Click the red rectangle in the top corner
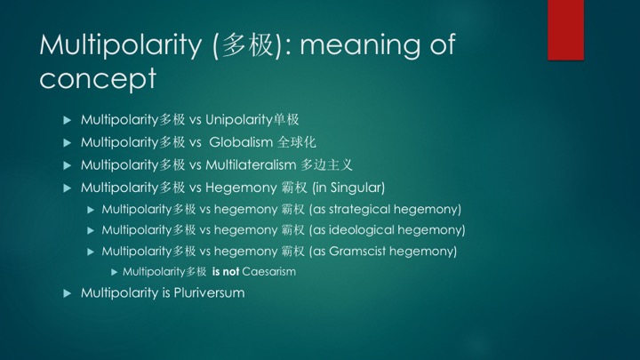pyautogui.click(x=565, y=30)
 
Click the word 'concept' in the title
pyautogui.click(x=98, y=78)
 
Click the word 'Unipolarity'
pyautogui.click(x=239, y=120)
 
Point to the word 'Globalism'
pyautogui.click(x=241, y=142)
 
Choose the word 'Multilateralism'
pyautogui.click(x=251, y=165)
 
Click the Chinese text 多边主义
pyautogui.click(x=326, y=165)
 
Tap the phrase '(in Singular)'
pyautogui.click(x=348, y=188)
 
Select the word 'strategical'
pyautogui.click(x=360, y=210)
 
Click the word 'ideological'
pyautogui.click(x=362, y=230)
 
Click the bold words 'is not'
pyautogui.click(x=225, y=272)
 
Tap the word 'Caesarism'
pyautogui.click(x=269, y=272)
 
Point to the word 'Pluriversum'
pyautogui.click(x=210, y=293)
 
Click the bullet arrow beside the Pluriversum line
pyautogui.click(x=68, y=293)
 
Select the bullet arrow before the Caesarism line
pyautogui.click(x=115, y=272)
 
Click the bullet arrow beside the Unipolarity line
pyautogui.click(x=68, y=120)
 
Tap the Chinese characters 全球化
pyautogui.click(x=297, y=142)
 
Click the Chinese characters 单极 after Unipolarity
pyautogui.click(x=286, y=120)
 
